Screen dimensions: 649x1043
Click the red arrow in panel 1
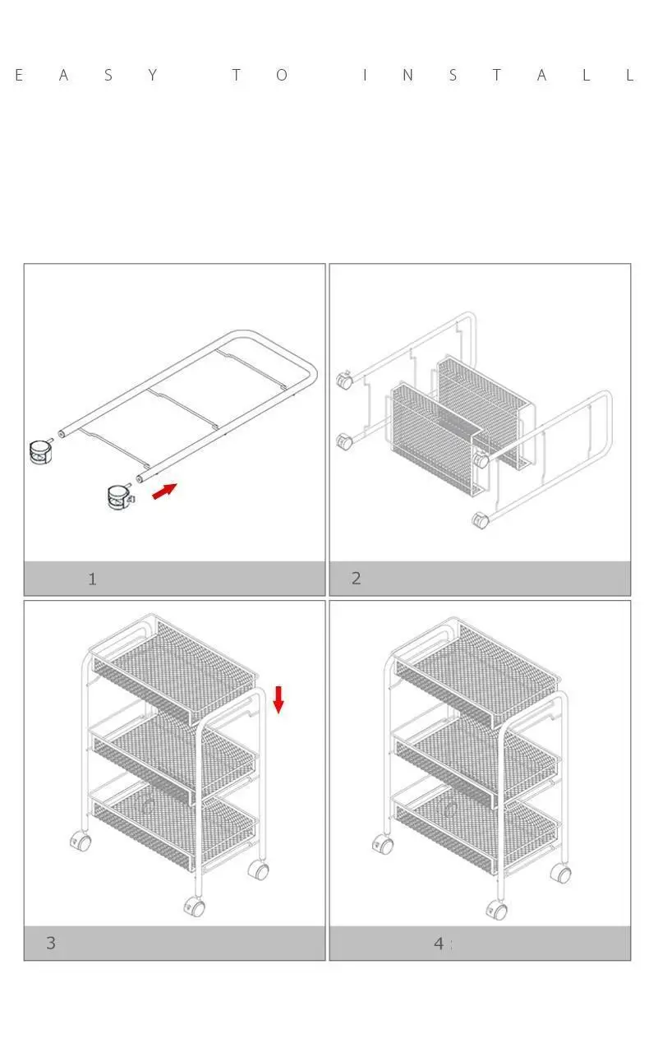click(x=164, y=492)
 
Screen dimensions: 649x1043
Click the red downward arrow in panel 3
click(x=278, y=699)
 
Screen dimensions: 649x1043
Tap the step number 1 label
click(x=92, y=579)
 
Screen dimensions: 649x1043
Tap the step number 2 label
click(x=356, y=578)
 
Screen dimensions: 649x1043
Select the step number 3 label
click(x=51, y=943)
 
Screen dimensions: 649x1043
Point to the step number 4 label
click(x=439, y=943)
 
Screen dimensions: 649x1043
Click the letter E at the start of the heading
click(x=19, y=76)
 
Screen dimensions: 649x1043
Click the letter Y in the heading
click(x=153, y=76)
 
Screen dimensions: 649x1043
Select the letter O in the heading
click(x=282, y=76)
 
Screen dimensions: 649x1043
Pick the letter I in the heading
click(x=365, y=76)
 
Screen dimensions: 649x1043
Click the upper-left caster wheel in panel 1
click(x=40, y=451)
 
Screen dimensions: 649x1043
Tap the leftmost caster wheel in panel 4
click(x=382, y=844)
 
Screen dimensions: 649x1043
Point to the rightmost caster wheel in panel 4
click(x=562, y=872)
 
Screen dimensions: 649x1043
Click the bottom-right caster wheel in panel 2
click(x=480, y=520)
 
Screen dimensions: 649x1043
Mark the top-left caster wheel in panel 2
click(x=344, y=381)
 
